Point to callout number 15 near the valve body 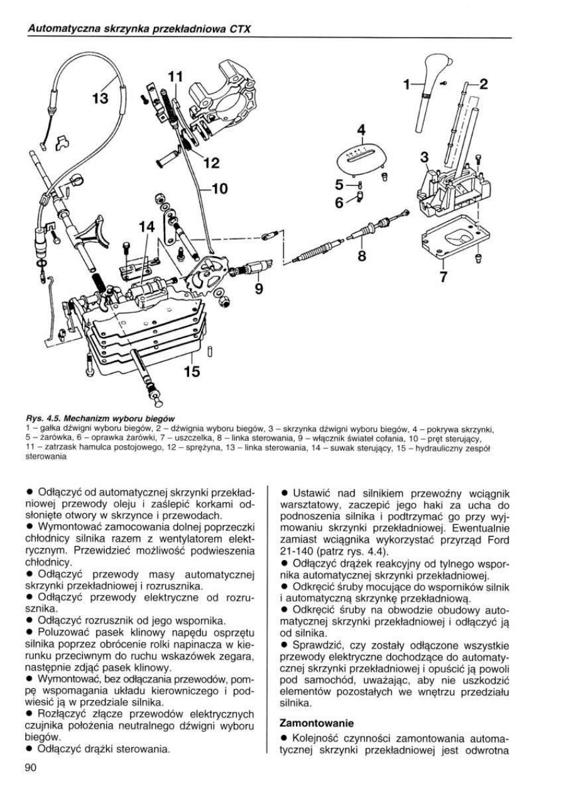[191, 372]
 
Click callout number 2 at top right [484, 83]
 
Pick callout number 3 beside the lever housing [425, 156]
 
